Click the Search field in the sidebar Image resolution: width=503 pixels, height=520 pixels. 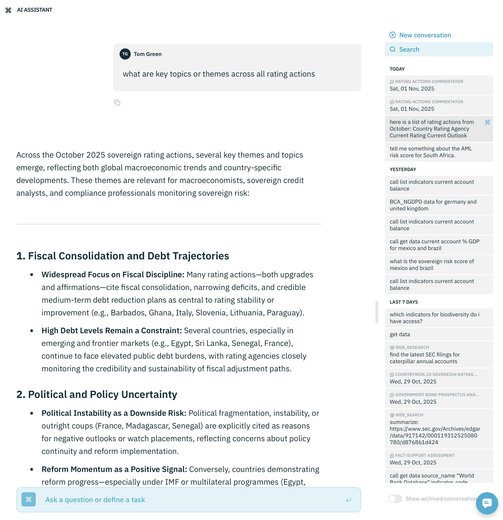pos(438,49)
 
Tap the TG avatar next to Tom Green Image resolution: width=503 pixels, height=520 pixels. pos(125,54)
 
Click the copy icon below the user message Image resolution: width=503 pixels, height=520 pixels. pos(117,102)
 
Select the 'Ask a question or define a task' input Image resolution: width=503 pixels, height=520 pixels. pos(186,500)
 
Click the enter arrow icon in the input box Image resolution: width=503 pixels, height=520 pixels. pos(348,500)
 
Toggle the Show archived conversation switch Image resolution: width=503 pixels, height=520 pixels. pos(395,499)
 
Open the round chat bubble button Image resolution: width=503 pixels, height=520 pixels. pos(487,503)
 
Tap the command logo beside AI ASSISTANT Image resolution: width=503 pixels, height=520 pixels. pos(8,10)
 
